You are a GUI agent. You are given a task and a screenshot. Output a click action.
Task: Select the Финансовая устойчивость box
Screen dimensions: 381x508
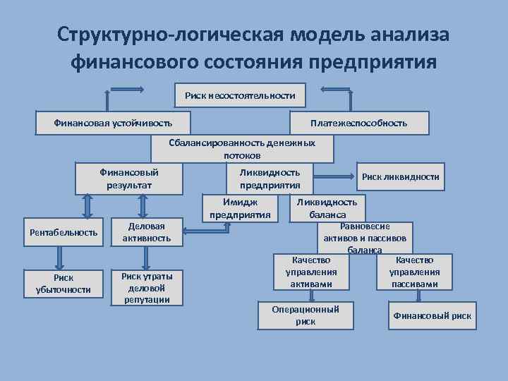click(x=113, y=123)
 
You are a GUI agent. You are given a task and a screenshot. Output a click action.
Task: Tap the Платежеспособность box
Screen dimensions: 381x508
click(x=358, y=123)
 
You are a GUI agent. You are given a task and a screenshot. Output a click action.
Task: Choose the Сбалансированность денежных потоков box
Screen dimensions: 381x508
click(x=242, y=148)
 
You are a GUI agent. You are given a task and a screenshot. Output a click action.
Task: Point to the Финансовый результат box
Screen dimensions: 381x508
click(x=129, y=179)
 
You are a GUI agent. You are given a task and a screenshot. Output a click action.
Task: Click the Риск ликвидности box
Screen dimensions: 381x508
click(x=400, y=177)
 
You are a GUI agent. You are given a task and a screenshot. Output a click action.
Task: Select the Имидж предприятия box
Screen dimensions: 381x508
click(x=240, y=208)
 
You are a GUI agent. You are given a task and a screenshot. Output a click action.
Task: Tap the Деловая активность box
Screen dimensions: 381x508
click(x=147, y=232)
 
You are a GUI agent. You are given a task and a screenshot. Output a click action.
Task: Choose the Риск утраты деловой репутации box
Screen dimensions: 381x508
click(x=147, y=287)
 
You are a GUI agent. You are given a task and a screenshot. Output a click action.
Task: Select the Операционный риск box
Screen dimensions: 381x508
click(x=306, y=315)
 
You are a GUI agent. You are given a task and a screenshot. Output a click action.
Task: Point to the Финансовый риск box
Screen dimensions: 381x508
click(x=432, y=315)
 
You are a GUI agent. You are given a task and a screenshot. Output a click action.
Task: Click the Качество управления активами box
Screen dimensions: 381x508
click(x=311, y=272)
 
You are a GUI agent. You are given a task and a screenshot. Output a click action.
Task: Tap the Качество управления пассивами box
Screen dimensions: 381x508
click(x=414, y=272)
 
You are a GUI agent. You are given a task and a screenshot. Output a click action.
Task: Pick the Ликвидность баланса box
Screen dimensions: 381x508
click(x=327, y=208)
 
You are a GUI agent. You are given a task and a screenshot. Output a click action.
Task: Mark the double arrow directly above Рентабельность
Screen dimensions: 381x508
click(x=87, y=206)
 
